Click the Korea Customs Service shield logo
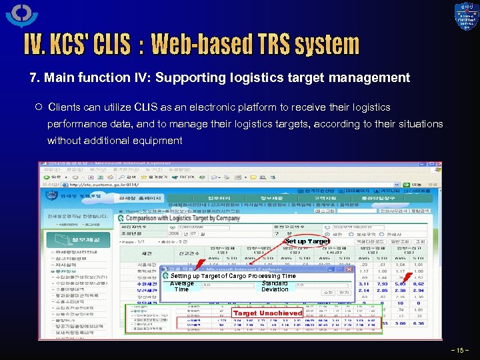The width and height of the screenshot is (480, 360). pos(466,17)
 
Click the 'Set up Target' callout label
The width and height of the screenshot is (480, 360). pos(307,241)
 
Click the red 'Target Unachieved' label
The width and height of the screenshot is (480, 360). pos(267,313)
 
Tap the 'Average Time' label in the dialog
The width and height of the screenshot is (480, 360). pos(182,286)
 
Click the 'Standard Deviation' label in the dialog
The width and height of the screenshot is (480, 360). pos(275,286)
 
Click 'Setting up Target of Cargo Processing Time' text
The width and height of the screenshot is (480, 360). pos(233,276)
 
